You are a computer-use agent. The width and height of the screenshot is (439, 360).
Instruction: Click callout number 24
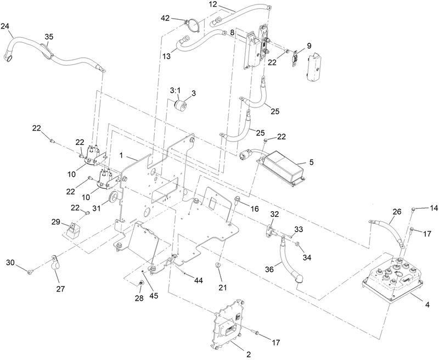pyautogui.click(x=5, y=26)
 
